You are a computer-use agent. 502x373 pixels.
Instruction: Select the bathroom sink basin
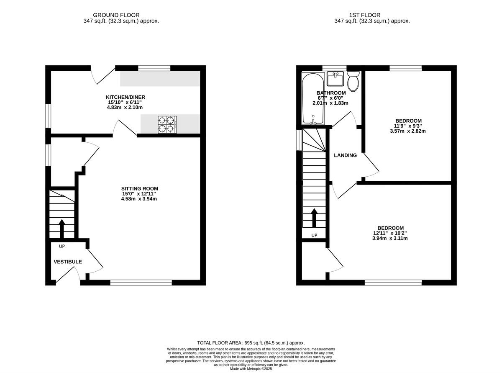tap(335, 79)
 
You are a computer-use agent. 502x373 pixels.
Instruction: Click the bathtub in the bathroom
tap(312, 99)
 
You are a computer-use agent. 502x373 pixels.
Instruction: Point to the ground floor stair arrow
tap(62, 228)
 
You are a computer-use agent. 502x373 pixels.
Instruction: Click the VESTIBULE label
tap(68, 262)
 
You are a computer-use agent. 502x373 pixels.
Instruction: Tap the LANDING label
tap(345, 155)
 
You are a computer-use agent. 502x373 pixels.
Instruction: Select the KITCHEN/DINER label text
tap(125, 97)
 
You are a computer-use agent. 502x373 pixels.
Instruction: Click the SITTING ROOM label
tap(140, 188)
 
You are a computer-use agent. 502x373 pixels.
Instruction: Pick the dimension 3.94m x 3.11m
tap(390, 238)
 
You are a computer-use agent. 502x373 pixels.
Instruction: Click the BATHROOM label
tap(331, 93)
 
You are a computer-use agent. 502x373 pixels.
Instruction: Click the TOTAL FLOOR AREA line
tap(251, 342)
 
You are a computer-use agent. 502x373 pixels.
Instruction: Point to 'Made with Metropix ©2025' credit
tap(251, 369)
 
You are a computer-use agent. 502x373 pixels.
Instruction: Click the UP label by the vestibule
tap(62, 246)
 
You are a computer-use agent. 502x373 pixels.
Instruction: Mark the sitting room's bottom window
tap(141, 283)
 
